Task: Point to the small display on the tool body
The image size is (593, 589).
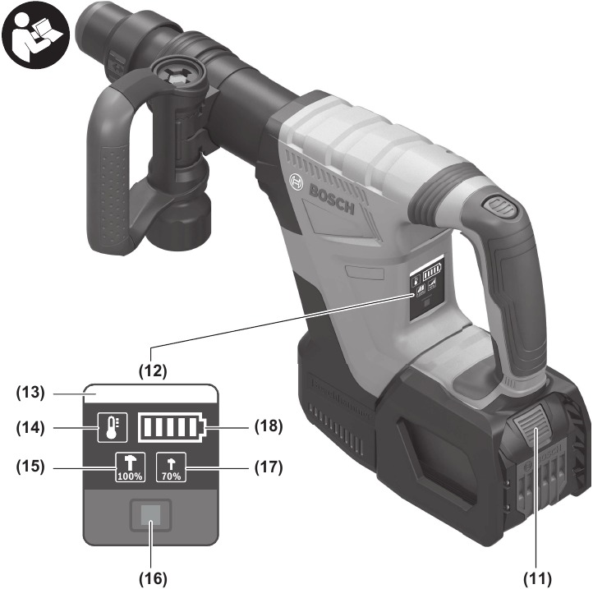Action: click(x=428, y=278)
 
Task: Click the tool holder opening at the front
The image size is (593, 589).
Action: click(x=90, y=25)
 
